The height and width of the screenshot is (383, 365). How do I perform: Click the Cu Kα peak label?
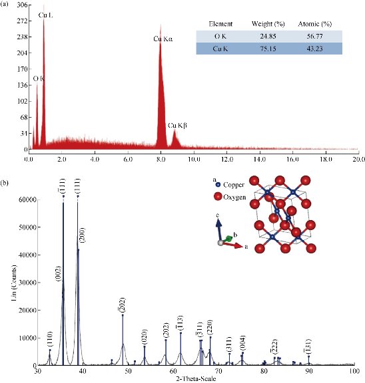[x=163, y=39]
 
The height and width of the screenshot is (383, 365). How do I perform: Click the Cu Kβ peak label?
[x=177, y=124]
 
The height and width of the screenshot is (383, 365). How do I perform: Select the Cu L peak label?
[x=46, y=14]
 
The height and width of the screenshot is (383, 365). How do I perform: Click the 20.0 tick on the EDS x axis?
[x=360, y=159]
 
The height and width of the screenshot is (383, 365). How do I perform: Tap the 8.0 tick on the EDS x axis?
[x=161, y=159]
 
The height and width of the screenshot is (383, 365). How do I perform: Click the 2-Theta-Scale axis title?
[x=188, y=378]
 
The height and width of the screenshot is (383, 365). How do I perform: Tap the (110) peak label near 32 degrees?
[x=50, y=339]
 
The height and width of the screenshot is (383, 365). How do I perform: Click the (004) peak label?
[x=243, y=341]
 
